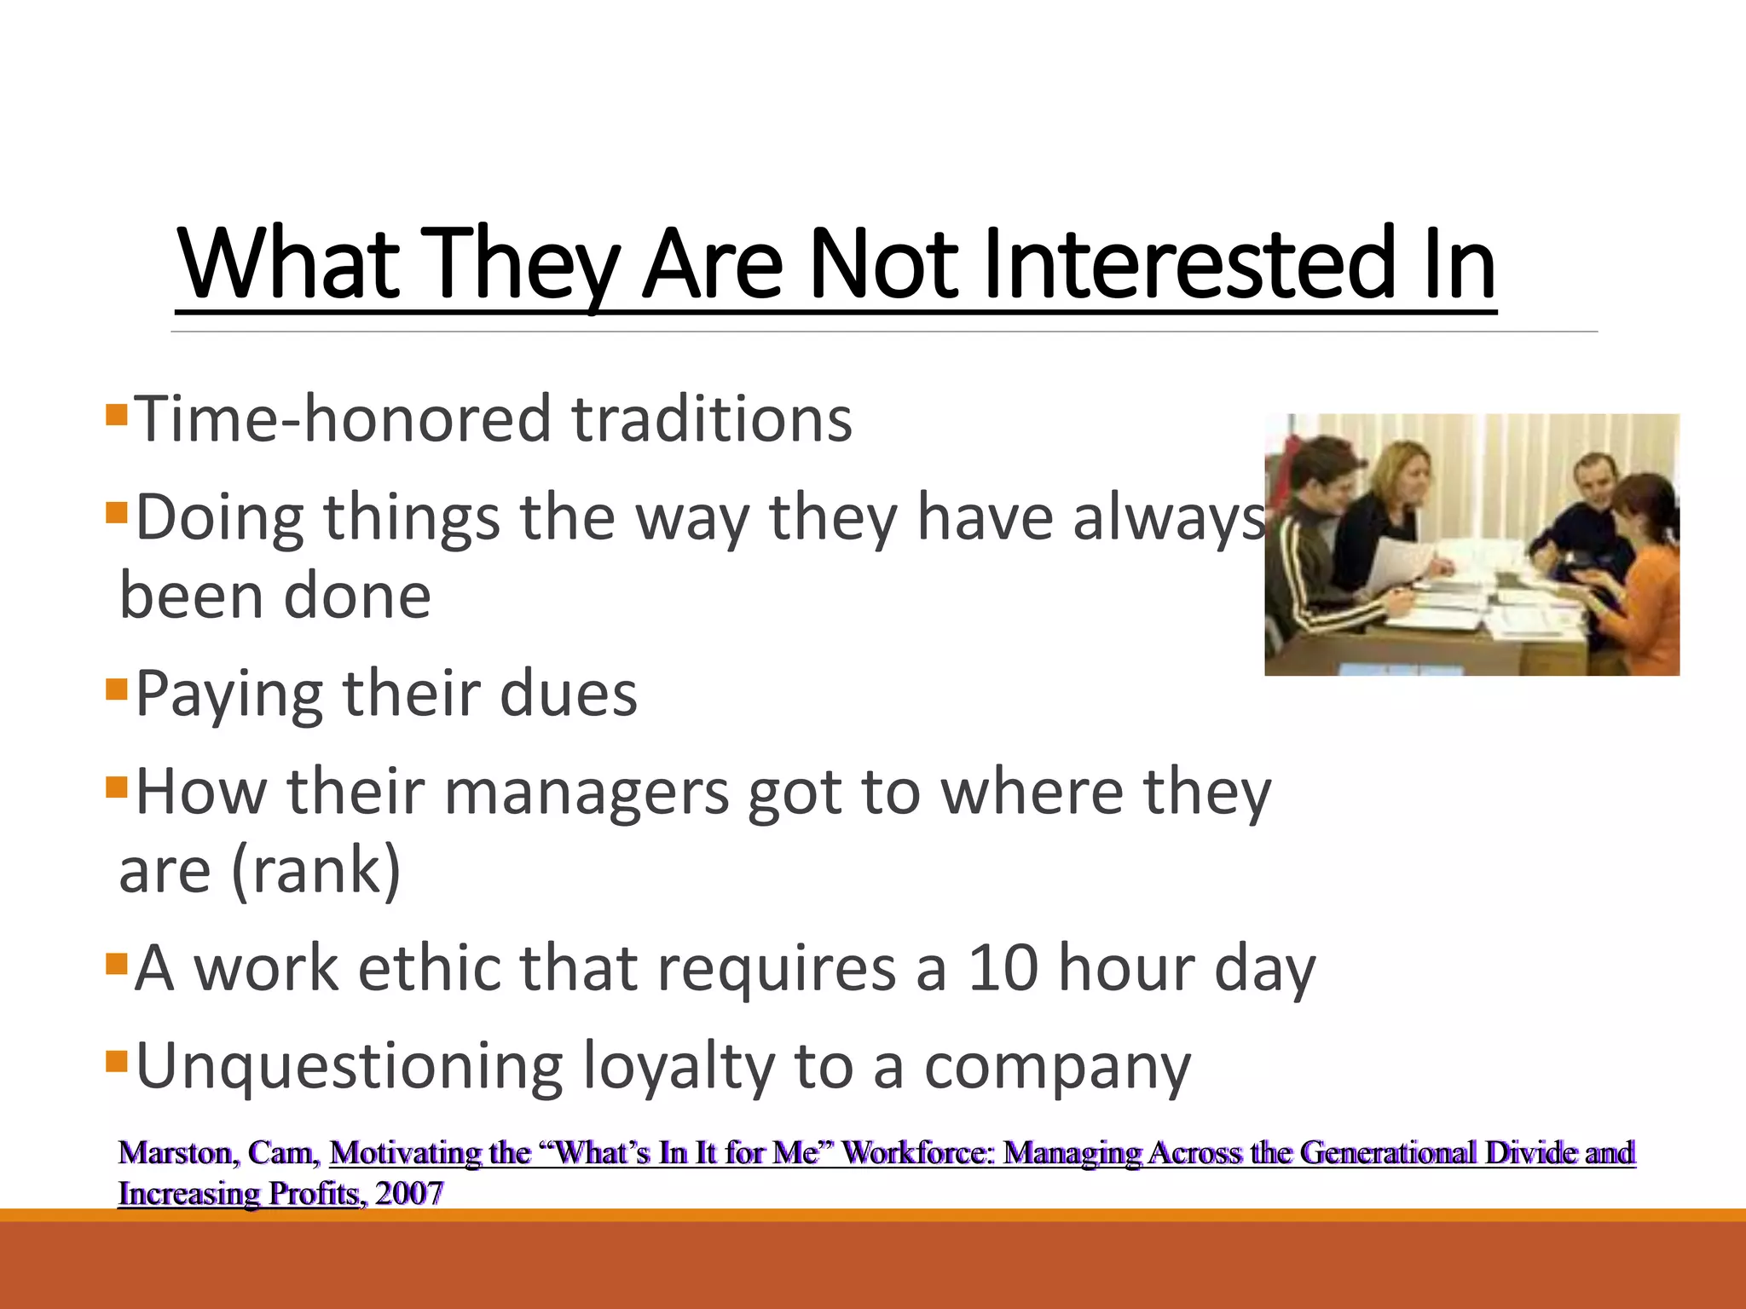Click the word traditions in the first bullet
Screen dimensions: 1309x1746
(x=712, y=419)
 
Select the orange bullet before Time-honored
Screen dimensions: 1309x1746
(x=117, y=416)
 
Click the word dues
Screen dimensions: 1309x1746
(x=568, y=694)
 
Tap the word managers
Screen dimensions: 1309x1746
(x=587, y=793)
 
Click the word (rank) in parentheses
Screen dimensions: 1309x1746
(x=315, y=871)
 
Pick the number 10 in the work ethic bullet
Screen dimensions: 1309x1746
(x=1003, y=968)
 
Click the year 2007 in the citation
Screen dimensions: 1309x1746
(x=409, y=1193)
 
